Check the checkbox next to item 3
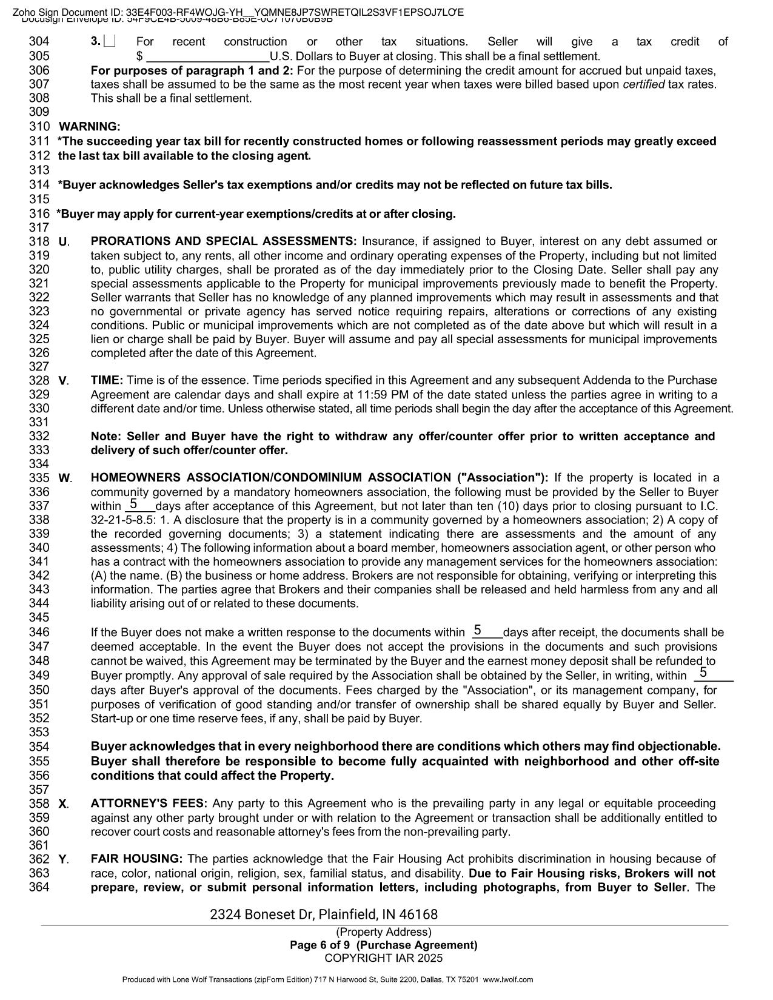(x=110, y=42)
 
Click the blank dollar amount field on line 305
(x=208, y=56)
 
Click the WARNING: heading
(x=90, y=127)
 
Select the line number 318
(x=39, y=241)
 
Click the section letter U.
(x=64, y=242)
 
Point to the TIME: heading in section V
(x=107, y=380)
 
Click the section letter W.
(x=64, y=478)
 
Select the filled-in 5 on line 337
(x=133, y=504)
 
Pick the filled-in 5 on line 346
(x=478, y=630)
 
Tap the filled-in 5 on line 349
(x=703, y=673)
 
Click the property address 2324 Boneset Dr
(x=324, y=914)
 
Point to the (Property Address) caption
(x=384, y=932)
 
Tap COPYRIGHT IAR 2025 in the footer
(x=384, y=958)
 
